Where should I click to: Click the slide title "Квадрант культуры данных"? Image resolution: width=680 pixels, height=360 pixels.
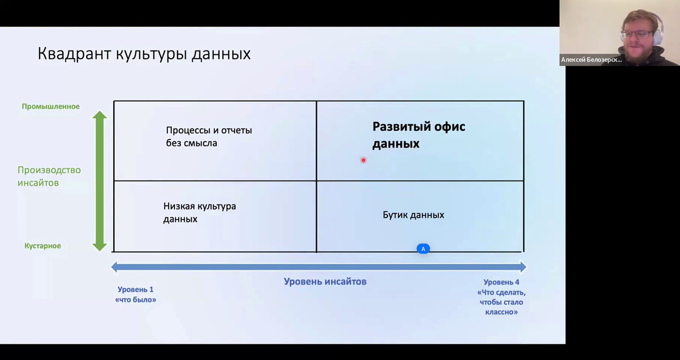coord(144,54)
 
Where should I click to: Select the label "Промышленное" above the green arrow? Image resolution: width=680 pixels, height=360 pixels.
coord(51,106)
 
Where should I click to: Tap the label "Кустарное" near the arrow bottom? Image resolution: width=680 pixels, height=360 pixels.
coord(42,246)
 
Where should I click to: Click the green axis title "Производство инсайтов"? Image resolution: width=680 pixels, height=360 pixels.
coord(49,176)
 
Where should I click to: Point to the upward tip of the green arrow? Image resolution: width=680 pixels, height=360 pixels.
coord(100,111)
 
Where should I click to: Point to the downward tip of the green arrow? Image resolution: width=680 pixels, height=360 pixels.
coord(100,251)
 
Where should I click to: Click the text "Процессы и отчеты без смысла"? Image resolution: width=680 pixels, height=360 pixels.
coord(209,136)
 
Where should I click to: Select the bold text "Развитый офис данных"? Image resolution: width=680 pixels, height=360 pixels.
coord(419,135)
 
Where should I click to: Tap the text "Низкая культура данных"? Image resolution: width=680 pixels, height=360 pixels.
coord(199,213)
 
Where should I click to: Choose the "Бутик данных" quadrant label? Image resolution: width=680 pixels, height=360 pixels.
coord(413,215)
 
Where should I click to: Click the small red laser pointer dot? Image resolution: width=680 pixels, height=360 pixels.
coord(363,160)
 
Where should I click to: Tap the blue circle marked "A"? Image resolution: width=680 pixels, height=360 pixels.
coord(423,249)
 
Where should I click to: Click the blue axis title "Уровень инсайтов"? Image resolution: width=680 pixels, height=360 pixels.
coord(325,282)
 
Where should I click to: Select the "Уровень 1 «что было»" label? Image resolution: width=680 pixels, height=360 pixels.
coord(136,294)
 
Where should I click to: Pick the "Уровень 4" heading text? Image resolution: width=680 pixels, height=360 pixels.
coord(501,282)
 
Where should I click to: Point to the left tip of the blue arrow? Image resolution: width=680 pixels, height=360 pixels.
coord(112,267)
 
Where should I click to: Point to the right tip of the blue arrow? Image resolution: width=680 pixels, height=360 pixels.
coord(526,267)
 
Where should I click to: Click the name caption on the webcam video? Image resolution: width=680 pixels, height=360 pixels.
coord(591,60)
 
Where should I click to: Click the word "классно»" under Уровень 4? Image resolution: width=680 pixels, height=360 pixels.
coord(501,312)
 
